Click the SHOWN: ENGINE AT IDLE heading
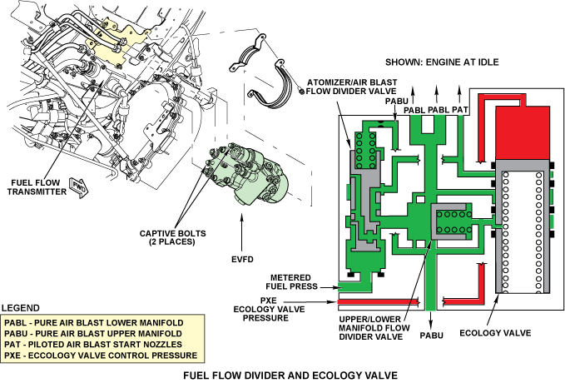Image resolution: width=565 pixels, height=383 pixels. click(446, 62)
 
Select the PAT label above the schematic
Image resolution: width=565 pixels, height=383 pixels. click(462, 109)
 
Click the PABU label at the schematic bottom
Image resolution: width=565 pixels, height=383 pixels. click(430, 336)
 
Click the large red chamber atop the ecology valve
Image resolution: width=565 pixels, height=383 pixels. click(522, 132)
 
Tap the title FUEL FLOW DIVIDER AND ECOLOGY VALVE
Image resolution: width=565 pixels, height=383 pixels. click(282, 374)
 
